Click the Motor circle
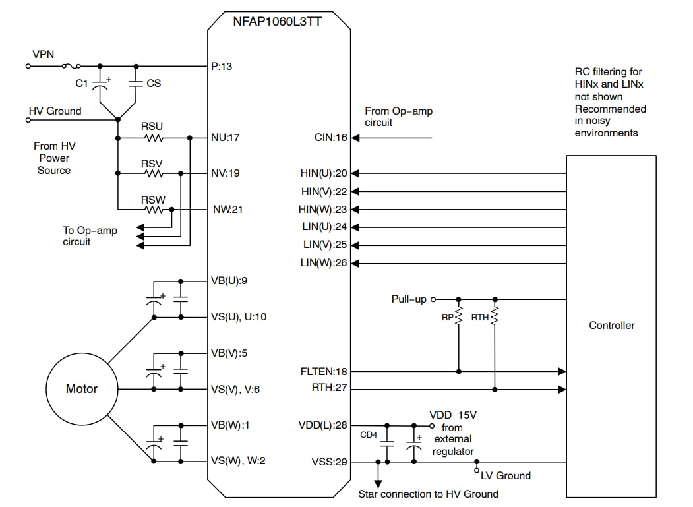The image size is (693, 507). click(x=82, y=388)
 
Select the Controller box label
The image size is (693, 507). click(x=611, y=325)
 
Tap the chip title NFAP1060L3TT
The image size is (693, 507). click(x=278, y=20)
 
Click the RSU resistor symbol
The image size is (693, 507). click(x=154, y=138)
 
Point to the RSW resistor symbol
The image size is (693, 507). click(x=154, y=210)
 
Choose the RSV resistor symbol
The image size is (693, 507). click(x=154, y=173)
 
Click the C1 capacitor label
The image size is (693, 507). click(x=81, y=84)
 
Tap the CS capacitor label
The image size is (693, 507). click(x=153, y=84)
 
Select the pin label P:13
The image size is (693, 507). click(x=221, y=66)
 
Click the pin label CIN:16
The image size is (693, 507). click(x=330, y=138)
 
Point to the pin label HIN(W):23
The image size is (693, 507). click(x=323, y=210)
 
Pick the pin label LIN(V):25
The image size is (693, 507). click(x=324, y=245)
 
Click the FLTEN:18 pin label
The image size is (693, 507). click(x=323, y=372)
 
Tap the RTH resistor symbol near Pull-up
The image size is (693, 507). click(x=495, y=317)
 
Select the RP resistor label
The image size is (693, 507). click(x=446, y=318)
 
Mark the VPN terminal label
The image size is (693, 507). click(x=44, y=54)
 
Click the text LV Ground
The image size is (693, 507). click(x=505, y=475)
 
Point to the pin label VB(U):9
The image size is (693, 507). click(x=228, y=281)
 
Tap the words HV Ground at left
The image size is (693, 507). click(x=55, y=111)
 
